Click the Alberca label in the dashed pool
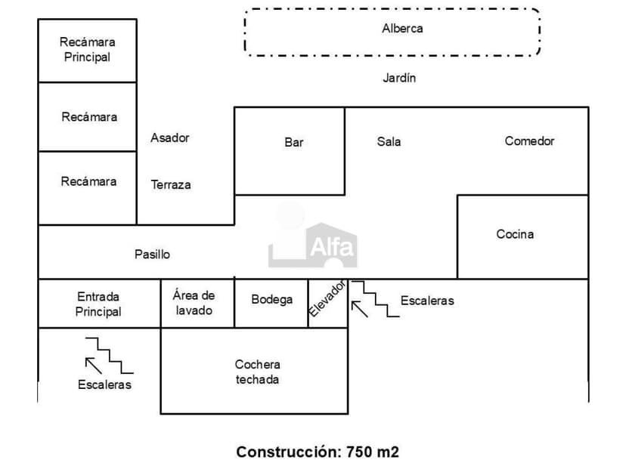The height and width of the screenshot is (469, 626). click(x=402, y=29)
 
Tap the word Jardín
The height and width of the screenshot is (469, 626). click(x=399, y=78)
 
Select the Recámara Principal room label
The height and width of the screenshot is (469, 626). click(x=87, y=50)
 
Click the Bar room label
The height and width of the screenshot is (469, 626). click(x=294, y=142)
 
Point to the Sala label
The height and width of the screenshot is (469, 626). click(x=389, y=141)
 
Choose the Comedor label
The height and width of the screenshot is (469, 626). click(x=529, y=141)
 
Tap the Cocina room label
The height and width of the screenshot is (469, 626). click(x=515, y=234)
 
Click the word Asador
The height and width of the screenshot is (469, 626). click(x=170, y=137)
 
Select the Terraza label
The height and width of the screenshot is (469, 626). click(x=171, y=184)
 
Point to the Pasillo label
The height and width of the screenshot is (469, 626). click(x=152, y=255)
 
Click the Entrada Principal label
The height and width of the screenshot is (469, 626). click(x=98, y=304)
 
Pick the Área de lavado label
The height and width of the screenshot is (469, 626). click(x=194, y=303)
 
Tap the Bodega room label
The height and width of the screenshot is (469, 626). click(x=271, y=300)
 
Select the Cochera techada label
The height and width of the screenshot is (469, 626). click(x=257, y=372)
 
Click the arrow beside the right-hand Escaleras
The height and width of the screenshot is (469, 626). click(x=359, y=308)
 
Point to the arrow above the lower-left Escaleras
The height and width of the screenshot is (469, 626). click(x=94, y=366)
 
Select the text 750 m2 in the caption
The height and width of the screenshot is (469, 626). click(x=372, y=452)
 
